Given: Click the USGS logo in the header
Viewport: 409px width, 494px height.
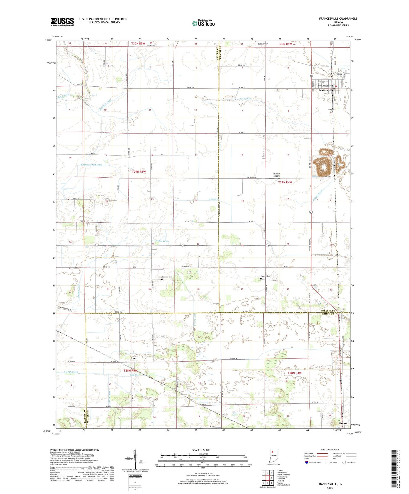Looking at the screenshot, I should coord(62,22).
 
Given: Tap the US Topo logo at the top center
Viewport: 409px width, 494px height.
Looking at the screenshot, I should coord(203,23).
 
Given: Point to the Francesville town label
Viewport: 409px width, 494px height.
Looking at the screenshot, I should coord(326,90).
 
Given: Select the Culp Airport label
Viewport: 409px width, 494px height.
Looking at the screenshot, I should coord(263,44).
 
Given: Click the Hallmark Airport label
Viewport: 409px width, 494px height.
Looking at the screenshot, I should coord(276,175).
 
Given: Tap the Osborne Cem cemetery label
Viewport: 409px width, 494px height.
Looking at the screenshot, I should coord(167,277).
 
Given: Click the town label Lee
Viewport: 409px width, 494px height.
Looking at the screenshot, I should coord(133,358).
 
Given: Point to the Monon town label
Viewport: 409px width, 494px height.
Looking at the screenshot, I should coord(343,423).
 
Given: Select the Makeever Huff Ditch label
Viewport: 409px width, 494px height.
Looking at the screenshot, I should coord(91,165).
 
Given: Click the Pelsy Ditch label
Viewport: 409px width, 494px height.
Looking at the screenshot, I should coord(245,99).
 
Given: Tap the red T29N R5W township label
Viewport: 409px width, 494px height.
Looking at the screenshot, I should coord(139,172).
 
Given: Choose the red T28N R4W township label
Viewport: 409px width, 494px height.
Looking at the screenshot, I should coord(294,373).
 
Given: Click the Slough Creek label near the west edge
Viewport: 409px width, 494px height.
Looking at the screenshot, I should coord(71,372).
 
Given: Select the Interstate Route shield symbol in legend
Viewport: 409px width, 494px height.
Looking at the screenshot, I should coord(307,462).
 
